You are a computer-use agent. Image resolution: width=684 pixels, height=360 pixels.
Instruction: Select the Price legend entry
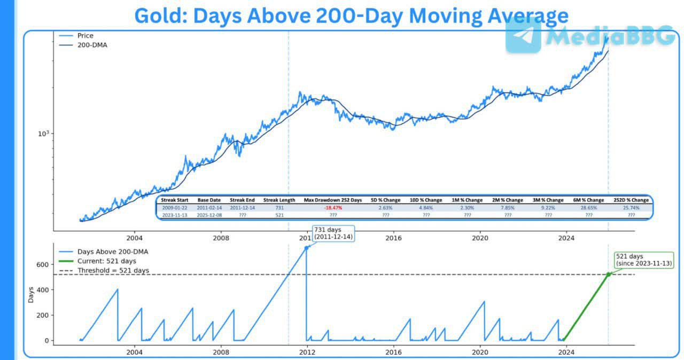85,36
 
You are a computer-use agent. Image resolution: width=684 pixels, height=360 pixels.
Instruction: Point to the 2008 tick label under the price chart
221,238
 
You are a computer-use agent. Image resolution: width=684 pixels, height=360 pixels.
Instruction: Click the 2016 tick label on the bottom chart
393,352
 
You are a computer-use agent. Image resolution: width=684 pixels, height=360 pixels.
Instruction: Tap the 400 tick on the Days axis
42,290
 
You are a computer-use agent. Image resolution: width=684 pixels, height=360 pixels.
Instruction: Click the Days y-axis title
31,295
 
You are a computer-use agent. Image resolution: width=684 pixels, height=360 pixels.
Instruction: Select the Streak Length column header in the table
279,200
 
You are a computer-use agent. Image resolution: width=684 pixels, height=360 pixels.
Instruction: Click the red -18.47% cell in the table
332,207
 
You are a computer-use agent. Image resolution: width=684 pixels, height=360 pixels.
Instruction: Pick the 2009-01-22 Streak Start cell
175,207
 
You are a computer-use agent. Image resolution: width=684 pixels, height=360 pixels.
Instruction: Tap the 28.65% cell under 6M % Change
588,207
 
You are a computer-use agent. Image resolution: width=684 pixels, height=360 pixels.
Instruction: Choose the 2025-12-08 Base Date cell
209,215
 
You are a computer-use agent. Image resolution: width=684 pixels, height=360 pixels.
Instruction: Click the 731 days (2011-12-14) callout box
333,233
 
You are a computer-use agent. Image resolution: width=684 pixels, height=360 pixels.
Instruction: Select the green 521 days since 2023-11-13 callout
643,260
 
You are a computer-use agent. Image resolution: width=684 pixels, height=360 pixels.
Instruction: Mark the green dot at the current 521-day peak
608,275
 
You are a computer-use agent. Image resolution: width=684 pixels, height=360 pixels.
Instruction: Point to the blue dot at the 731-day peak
306,248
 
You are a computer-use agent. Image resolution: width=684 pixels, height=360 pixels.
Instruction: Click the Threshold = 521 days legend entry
113,271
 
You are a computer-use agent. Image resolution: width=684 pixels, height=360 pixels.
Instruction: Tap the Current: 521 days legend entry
106,261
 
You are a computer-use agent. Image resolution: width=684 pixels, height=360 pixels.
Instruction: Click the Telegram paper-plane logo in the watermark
523,35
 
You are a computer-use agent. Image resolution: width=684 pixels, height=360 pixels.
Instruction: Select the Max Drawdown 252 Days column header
332,200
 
